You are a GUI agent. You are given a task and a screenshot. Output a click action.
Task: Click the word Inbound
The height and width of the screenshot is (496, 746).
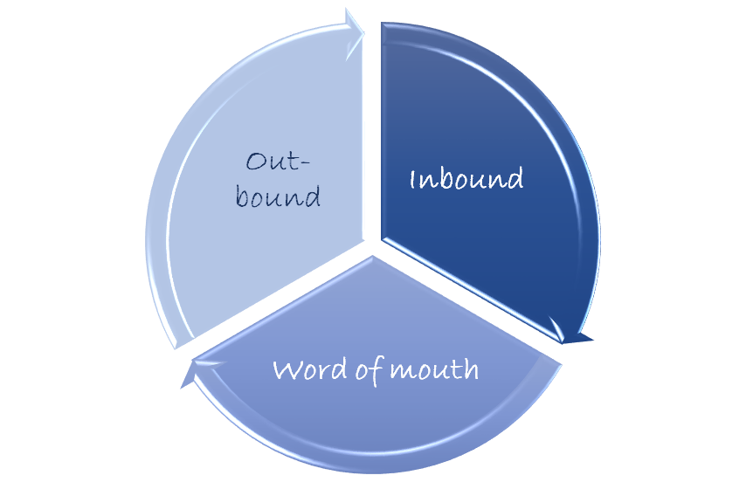pyautogui.click(x=466, y=179)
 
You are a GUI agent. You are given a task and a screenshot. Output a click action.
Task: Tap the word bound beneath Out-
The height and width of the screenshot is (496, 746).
pyautogui.click(x=278, y=196)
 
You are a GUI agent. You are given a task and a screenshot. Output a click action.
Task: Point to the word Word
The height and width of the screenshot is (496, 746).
pyautogui.click(x=310, y=369)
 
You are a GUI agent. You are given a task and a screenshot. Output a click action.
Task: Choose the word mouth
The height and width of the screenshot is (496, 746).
pyautogui.click(x=434, y=369)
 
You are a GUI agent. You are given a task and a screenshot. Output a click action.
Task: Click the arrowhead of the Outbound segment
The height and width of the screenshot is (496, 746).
pyautogui.click(x=355, y=34)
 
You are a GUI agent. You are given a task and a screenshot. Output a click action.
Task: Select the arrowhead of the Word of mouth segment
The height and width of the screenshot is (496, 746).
pyautogui.click(x=200, y=373)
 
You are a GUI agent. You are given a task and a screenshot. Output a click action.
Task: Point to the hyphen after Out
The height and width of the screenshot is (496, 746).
pyautogui.click(x=306, y=163)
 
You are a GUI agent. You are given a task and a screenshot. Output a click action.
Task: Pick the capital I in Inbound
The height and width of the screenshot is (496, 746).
pyautogui.click(x=413, y=180)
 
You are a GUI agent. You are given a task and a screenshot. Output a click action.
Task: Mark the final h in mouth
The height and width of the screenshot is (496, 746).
pyautogui.click(x=471, y=369)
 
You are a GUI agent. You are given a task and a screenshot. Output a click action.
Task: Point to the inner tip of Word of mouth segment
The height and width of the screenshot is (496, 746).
pyautogui.click(x=372, y=257)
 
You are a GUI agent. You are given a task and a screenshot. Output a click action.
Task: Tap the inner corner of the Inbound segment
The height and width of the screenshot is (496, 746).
pyautogui.click(x=382, y=238)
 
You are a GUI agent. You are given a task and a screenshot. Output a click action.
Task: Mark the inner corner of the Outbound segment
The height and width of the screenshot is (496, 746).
pyautogui.click(x=363, y=238)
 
